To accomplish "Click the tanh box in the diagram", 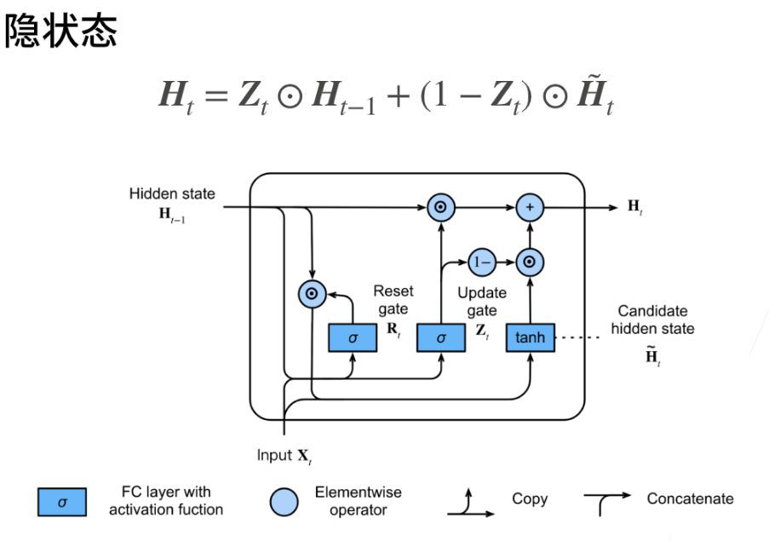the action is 531,337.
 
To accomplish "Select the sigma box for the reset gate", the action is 353,337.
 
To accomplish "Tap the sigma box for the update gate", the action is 441,337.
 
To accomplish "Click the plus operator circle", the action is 530,208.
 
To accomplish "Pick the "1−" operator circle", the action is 482,262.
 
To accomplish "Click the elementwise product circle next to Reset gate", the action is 312,294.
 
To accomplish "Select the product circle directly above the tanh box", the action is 530,262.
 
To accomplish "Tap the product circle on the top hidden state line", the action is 441,208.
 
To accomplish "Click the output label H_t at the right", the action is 635,206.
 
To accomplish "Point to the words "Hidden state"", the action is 172,193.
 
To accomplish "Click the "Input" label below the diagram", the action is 274,455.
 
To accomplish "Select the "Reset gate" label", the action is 393,300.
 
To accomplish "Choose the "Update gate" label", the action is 482,301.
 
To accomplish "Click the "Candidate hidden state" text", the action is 653,319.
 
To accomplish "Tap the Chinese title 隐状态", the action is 60,31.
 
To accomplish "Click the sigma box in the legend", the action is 62,502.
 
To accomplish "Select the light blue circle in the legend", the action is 284,502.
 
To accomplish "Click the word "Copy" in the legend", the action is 530,498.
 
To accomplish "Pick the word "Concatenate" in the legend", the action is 690,498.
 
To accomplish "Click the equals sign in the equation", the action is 216,95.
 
